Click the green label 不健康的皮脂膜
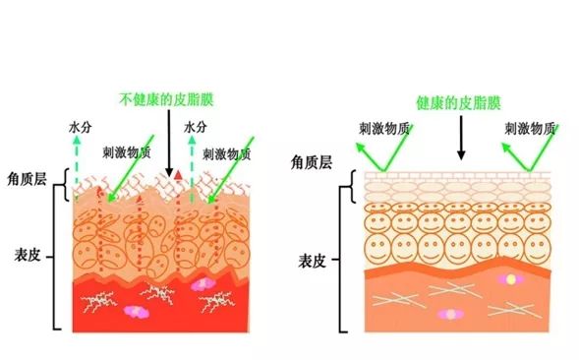click(x=166, y=100)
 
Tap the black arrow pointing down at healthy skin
click(x=460, y=139)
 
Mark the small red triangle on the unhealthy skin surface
click(x=180, y=174)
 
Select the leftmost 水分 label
click(x=80, y=128)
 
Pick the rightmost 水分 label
click(x=196, y=128)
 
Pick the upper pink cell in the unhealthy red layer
click(x=203, y=282)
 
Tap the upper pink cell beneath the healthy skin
click(x=510, y=280)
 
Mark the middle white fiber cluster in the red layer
click(x=157, y=290)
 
